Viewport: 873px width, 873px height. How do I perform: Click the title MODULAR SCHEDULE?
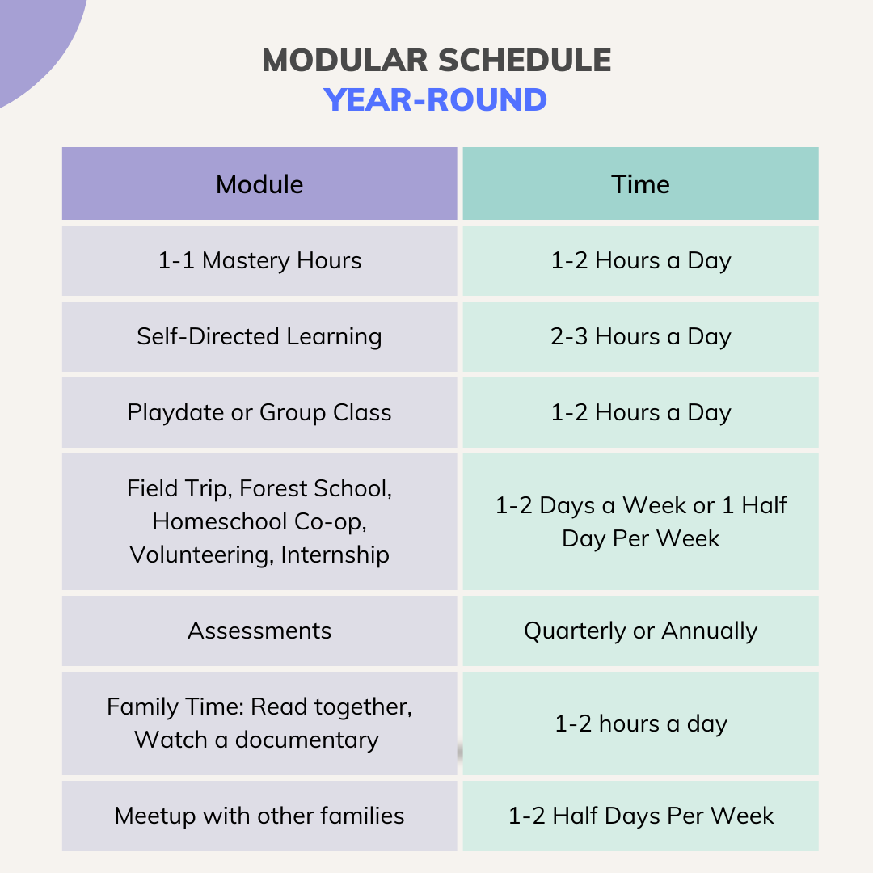pyautogui.click(x=436, y=61)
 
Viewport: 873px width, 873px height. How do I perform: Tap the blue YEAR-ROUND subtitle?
pyautogui.click(x=436, y=100)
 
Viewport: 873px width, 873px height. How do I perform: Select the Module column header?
pyautogui.click(x=259, y=184)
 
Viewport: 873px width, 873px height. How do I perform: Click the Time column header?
pyautogui.click(x=640, y=184)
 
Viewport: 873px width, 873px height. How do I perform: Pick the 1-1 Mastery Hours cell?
pyautogui.click(x=259, y=260)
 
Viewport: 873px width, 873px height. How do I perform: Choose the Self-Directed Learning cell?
pyautogui.click(x=259, y=336)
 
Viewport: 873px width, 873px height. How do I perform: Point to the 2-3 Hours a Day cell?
pyautogui.click(x=640, y=336)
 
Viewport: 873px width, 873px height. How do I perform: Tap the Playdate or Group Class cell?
pyautogui.click(x=259, y=412)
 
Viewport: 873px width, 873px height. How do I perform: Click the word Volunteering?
pyautogui.click(x=200, y=555)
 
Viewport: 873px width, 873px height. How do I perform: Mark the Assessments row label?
pyautogui.click(x=259, y=630)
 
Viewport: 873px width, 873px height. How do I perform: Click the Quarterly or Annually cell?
pyautogui.click(x=640, y=630)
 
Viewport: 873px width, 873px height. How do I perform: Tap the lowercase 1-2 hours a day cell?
pyautogui.click(x=640, y=723)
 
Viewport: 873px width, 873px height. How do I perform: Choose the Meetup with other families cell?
pyautogui.click(x=259, y=816)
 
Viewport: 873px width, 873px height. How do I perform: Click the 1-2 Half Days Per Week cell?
pyautogui.click(x=640, y=816)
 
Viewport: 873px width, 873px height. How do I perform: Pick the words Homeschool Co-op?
pyautogui.click(x=259, y=521)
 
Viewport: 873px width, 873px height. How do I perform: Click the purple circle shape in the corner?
pyautogui.click(x=32, y=40)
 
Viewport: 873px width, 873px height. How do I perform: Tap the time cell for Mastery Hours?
pyautogui.click(x=640, y=260)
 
